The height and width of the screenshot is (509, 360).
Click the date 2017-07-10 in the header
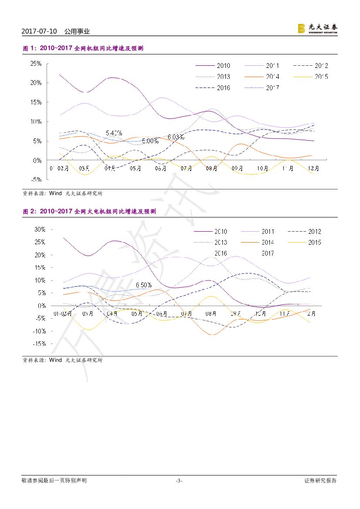(x=39, y=31)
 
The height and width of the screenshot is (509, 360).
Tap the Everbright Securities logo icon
(x=301, y=29)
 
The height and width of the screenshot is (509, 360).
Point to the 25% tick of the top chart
(x=36, y=64)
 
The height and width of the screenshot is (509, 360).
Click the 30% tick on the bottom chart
(x=40, y=229)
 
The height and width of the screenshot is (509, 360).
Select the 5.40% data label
(x=114, y=133)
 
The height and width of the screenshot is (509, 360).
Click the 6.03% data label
(x=176, y=137)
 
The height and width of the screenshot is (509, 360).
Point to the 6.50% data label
(x=144, y=285)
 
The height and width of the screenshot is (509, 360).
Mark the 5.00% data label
(x=150, y=141)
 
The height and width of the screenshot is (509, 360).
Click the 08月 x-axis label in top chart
(x=212, y=169)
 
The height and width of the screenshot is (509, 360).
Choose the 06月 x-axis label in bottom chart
(x=161, y=313)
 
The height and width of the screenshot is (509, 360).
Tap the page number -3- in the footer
(x=179, y=481)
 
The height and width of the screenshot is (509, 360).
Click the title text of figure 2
(x=89, y=211)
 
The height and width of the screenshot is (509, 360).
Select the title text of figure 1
(x=83, y=48)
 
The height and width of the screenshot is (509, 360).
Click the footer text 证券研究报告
(x=320, y=481)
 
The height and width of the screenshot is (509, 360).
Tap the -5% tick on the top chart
(x=37, y=179)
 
